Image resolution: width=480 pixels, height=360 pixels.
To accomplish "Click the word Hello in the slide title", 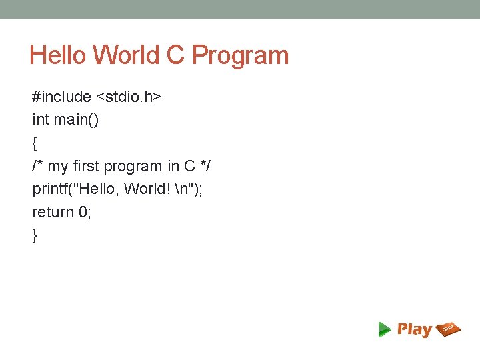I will click(x=57, y=55).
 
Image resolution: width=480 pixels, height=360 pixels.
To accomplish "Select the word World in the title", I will click(x=125, y=55).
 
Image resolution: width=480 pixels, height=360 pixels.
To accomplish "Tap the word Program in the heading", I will click(x=241, y=55).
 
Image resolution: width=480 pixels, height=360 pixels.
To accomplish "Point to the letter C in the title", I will click(x=175, y=55).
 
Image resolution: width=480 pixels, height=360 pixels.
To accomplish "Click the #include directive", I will click(x=61, y=97).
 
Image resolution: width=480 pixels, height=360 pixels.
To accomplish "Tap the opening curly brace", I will click(x=35, y=143).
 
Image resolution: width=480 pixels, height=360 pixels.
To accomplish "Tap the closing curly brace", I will click(x=35, y=235).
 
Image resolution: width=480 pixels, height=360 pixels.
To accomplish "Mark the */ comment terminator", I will click(x=206, y=166).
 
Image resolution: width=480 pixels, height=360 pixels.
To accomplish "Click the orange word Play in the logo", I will click(x=415, y=329).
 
